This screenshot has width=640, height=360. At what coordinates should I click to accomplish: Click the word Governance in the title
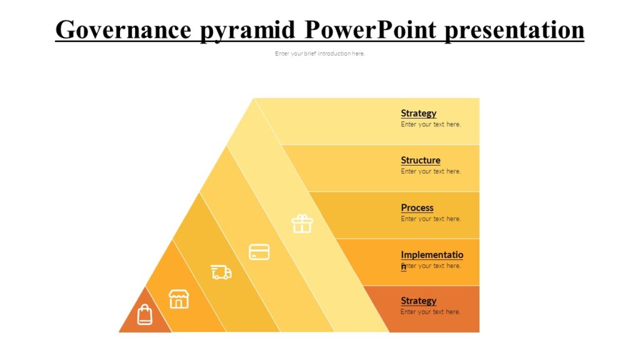point(123,29)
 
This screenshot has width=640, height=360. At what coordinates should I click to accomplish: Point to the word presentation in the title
point(514,29)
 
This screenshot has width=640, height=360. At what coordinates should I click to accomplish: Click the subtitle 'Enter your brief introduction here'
point(319,54)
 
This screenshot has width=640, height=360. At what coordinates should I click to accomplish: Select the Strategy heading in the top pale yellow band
point(418,113)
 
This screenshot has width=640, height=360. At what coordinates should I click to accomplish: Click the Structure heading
point(420,160)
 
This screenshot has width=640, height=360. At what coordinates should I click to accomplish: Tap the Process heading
point(417,207)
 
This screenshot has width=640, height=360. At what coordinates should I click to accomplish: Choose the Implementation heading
point(432,255)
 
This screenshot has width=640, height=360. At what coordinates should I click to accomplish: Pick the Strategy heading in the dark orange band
point(418,301)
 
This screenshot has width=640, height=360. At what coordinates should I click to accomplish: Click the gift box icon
point(302,223)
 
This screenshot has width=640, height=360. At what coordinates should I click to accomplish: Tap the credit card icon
point(259,252)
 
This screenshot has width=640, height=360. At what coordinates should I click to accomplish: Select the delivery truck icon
point(221,272)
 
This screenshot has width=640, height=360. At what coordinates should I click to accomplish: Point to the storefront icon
point(179,299)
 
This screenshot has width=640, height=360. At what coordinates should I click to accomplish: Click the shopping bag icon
point(144,314)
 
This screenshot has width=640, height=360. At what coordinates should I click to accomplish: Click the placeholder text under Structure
point(431,171)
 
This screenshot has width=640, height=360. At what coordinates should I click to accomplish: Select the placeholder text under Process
point(431,219)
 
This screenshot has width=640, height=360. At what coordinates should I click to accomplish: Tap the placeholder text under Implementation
point(433,266)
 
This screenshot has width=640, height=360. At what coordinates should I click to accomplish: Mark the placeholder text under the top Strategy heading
point(431,124)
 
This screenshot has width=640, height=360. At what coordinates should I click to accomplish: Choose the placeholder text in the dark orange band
point(430,312)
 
